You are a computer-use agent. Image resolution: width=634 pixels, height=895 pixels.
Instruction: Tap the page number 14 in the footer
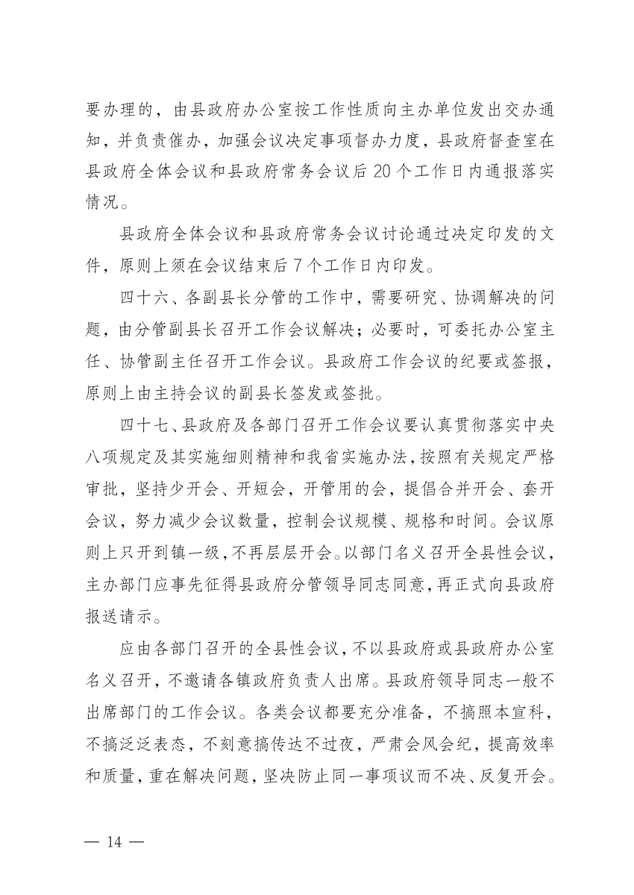point(114,842)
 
